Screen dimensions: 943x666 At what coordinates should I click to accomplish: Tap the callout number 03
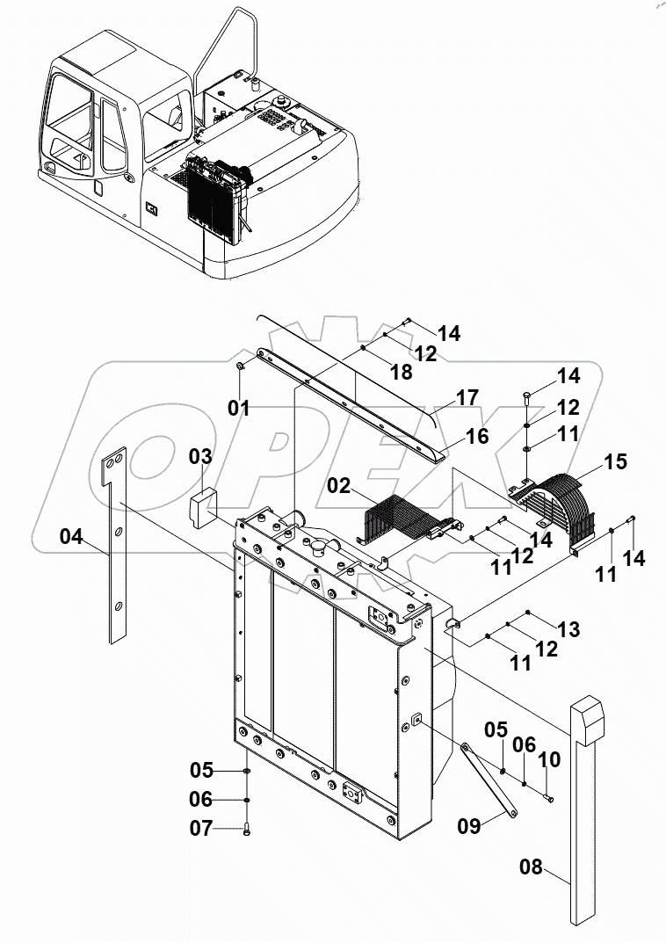[200, 457]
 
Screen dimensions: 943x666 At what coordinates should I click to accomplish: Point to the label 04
[72, 535]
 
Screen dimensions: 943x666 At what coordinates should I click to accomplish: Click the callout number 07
[201, 828]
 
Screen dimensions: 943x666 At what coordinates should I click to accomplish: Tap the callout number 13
[568, 628]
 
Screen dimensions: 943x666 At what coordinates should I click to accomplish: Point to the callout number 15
[616, 461]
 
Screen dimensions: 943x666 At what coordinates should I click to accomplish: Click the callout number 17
[467, 397]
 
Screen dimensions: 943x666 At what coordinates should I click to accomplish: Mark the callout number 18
[401, 372]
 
